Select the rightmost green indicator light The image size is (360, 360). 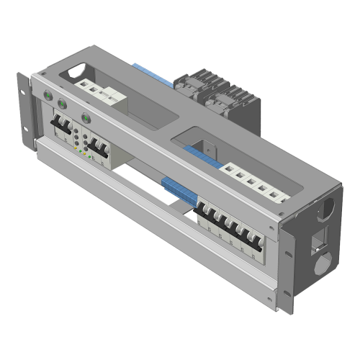coord(86,117)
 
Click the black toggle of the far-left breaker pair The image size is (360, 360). coord(60,127)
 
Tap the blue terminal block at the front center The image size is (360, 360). coord(178,189)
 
